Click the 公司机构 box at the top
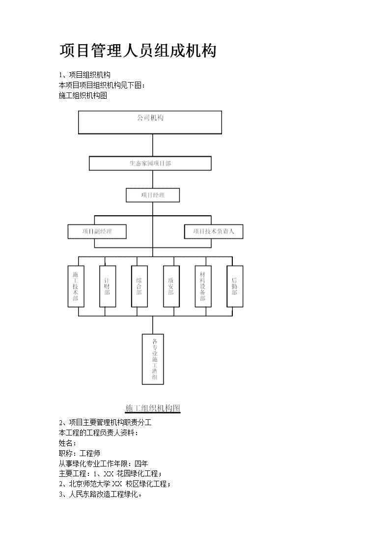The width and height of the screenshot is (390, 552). (x=150, y=122)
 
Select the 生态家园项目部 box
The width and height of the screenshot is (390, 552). (x=150, y=163)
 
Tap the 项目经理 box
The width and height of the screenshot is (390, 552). (x=153, y=195)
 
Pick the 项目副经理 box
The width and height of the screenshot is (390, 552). (x=97, y=232)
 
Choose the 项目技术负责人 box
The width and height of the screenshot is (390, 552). (x=214, y=232)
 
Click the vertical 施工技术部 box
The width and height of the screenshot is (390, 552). (x=76, y=286)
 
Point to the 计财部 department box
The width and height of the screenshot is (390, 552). (x=107, y=286)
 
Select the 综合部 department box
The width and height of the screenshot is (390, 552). (x=139, y=286)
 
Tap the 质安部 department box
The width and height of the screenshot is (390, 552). (x=171, y=286)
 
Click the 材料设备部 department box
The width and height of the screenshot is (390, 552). (x=203, y=286)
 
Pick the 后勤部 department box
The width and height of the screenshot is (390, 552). (x=235, y=286)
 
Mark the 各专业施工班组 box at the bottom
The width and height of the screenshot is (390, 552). (x=153, y=359)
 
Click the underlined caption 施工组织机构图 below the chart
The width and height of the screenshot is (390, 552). (x=153, y=408)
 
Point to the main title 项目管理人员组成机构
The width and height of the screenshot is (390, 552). (x=138, y=51)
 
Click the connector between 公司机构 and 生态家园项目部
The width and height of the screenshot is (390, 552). (x=152, y=145)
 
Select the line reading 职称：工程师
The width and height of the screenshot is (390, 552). (x=80, y=453)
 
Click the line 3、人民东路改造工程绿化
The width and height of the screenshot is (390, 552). (x=100, y=494)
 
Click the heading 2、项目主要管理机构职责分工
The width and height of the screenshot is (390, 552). (x=105, y=422)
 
